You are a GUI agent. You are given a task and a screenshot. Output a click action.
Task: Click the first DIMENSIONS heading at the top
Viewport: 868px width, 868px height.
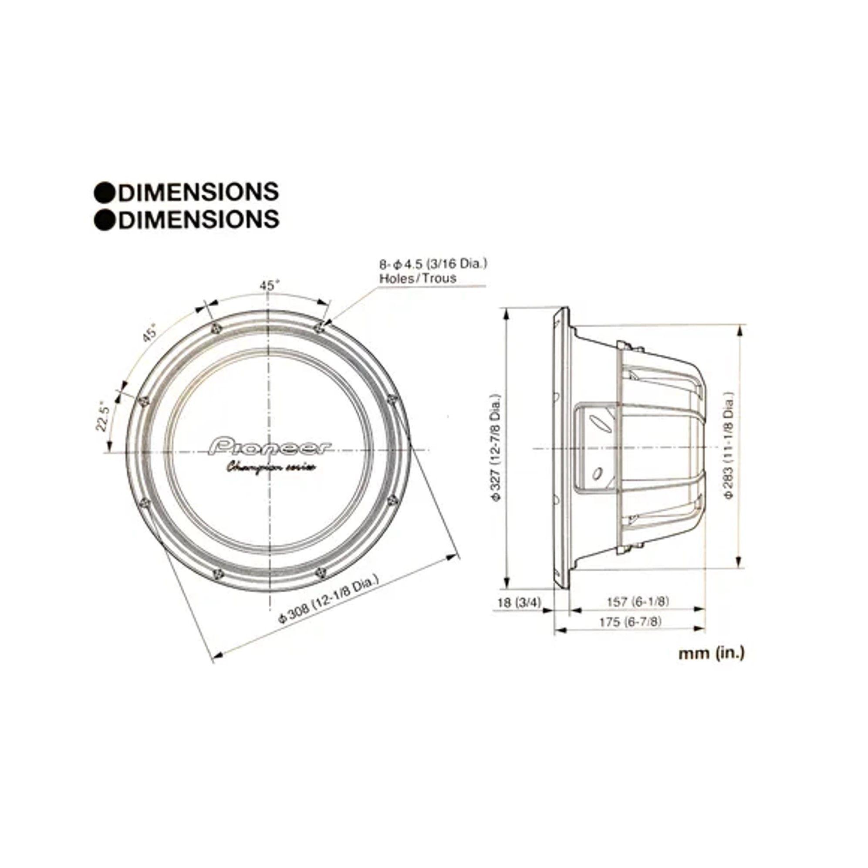tap(198, 192)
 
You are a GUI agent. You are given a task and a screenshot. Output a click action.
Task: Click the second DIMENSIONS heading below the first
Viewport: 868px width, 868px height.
tap(198, 219)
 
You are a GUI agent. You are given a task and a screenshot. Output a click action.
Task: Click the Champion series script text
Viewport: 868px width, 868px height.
tap(270, 468)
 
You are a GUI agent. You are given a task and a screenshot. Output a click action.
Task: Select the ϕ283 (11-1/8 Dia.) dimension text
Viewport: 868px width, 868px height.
tap(729, 445)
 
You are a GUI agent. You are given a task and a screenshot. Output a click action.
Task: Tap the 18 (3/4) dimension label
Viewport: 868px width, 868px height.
tap(519, 602)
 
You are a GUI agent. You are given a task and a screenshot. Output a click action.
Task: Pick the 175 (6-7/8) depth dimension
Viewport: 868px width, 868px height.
tap(630, 622)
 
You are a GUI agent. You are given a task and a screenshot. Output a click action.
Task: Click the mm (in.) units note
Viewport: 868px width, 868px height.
tap(711, 653)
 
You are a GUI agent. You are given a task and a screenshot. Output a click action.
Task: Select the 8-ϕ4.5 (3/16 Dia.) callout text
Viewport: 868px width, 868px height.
tap(433, 264)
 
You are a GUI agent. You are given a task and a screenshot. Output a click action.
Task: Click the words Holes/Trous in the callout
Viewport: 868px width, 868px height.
tap(418, 278)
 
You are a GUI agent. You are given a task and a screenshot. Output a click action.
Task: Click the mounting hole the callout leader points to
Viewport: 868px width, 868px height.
tap(319, 327)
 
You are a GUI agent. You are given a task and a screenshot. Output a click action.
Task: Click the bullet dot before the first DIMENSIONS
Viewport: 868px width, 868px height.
tap(105, 193)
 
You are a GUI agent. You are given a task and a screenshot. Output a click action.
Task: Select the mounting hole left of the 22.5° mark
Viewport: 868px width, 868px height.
tap(144, 401)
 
